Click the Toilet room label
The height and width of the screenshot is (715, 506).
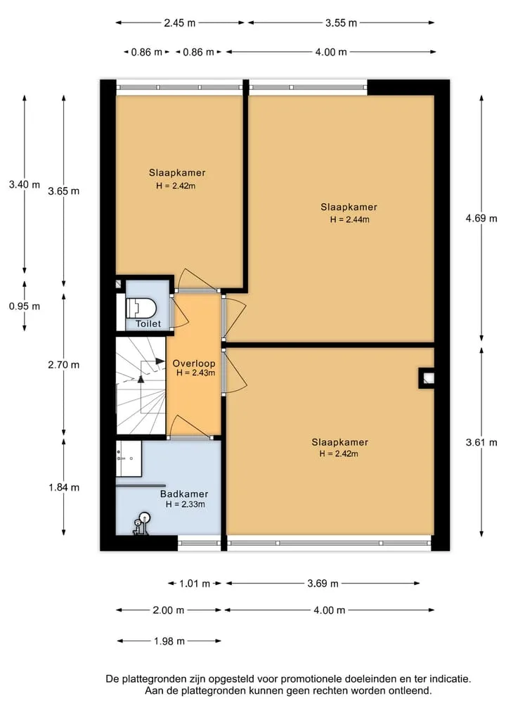tap(148, 323)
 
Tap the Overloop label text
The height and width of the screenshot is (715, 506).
tap(194, 363)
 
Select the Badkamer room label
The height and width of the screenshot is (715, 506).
tap(184, 494)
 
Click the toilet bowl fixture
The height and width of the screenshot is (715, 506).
tap(141, 308)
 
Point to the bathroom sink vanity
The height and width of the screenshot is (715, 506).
tap(129, 458)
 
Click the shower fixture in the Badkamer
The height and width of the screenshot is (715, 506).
tap(141, 524)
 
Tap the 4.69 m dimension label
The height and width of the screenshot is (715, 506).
tap(481, 219)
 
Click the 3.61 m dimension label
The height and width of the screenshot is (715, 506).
tap(481, 442)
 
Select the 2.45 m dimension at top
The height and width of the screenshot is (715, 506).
tap(180, 22)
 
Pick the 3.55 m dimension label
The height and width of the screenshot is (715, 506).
tap(341, 22)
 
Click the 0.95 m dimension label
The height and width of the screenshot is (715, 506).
tap(25, 306)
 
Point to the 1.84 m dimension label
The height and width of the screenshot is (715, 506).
tap(64, 487)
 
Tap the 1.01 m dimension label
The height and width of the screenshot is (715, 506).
tap(195, 584)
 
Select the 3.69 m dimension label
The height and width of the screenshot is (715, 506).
tap(323, 584)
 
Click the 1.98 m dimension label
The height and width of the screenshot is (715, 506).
tap(169, 641)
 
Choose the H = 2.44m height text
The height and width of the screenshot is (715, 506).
tap(350, 219)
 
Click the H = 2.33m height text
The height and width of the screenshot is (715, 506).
tap(185, 504)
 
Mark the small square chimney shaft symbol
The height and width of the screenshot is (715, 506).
tap(426, 378)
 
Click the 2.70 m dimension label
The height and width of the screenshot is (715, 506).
tap(64, 365)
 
